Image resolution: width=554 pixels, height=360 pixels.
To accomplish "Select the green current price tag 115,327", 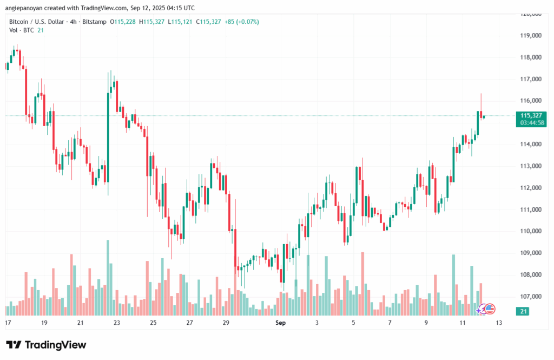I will click(x=531, y=115).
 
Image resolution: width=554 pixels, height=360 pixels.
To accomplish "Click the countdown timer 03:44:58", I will click(x=532, y=123).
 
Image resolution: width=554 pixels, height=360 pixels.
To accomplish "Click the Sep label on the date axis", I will click(x=280, y=323).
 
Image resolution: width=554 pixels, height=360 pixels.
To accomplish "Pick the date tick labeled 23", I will click(x=116, y=323).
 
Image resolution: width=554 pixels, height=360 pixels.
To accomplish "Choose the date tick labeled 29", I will click(x=226, y=323).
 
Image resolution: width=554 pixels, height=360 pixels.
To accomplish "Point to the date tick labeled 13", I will click(x=499, y=323).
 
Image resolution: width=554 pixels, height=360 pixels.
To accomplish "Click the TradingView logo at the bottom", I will click(x=46, y=345).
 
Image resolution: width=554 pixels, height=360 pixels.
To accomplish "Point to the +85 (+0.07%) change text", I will click(x=242, y=22).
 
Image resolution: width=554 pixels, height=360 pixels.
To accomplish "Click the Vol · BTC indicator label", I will click(x=22, y=30).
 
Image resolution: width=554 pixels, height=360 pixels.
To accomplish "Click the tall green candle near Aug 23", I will click(x=108, y=138).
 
